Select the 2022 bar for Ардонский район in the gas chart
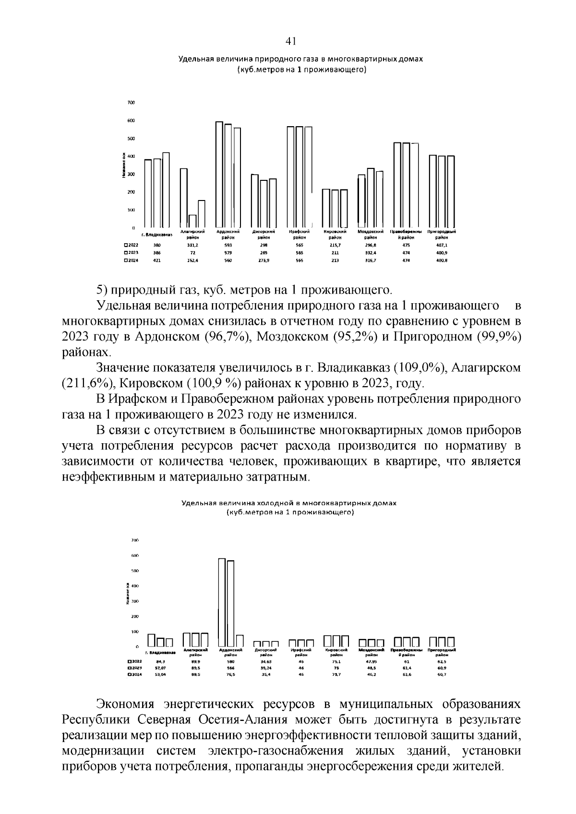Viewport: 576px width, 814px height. tap(219, 175)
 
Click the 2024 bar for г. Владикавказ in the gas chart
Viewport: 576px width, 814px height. tap(166, 190)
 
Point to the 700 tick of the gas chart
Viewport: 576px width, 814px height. tap(132, 103)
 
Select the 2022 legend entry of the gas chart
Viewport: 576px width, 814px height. tap(131, 245)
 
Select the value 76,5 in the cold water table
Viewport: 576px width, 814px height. tap(231, 674)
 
